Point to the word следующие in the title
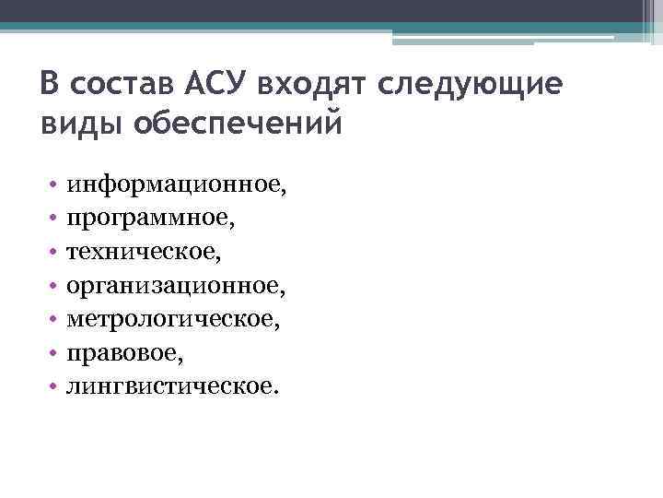(469, 85)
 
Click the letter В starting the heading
(49, 85)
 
